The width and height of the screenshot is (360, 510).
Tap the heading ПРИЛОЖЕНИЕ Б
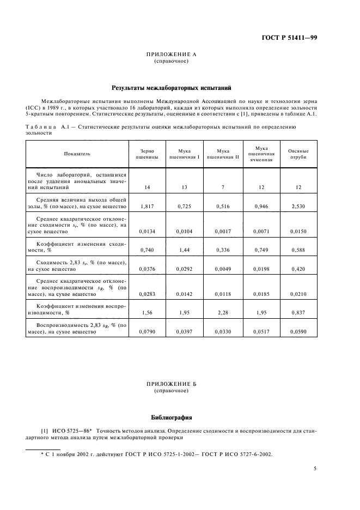pyautogui.click(x=172, y=384)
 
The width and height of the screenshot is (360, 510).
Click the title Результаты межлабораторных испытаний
pyautogui.click(x=172, y=87)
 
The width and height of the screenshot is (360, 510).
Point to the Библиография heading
pyautogui.click(x=172, y=418)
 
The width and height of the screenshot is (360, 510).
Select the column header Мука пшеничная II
pyautogui.click(x=219, y=154)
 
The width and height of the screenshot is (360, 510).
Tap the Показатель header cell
pyautogui.click(x=77, y=154)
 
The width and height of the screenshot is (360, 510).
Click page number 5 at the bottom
pyautogui.click(x=315, y=467)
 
